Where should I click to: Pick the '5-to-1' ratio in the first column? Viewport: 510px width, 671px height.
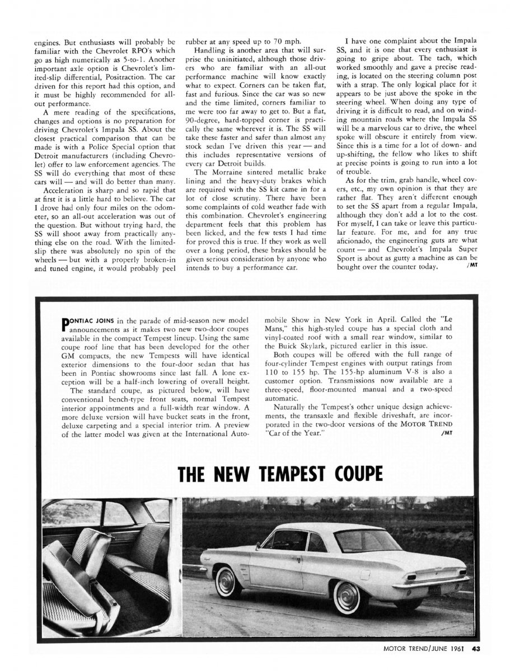[124, 57]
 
